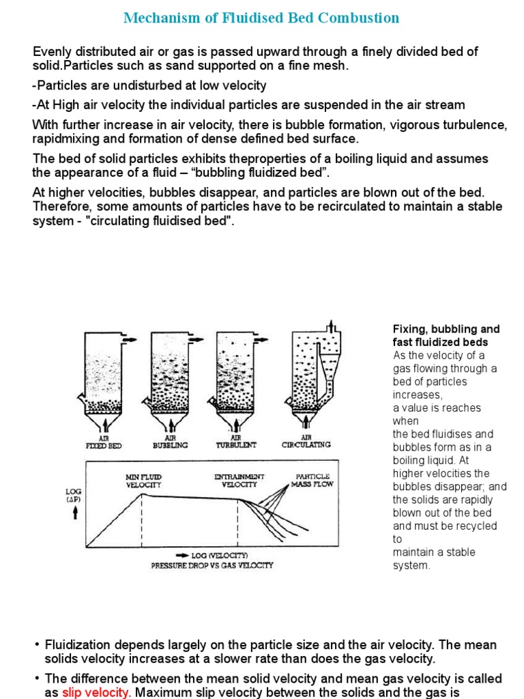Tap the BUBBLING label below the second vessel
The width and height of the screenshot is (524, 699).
click(x=169, y=444)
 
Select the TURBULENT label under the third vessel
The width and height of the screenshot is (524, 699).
click(x=235, y=444)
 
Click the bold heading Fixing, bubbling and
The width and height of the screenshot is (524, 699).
click(x=446, y=329)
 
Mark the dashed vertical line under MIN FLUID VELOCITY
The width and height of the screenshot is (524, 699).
click(x=142, y=519)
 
